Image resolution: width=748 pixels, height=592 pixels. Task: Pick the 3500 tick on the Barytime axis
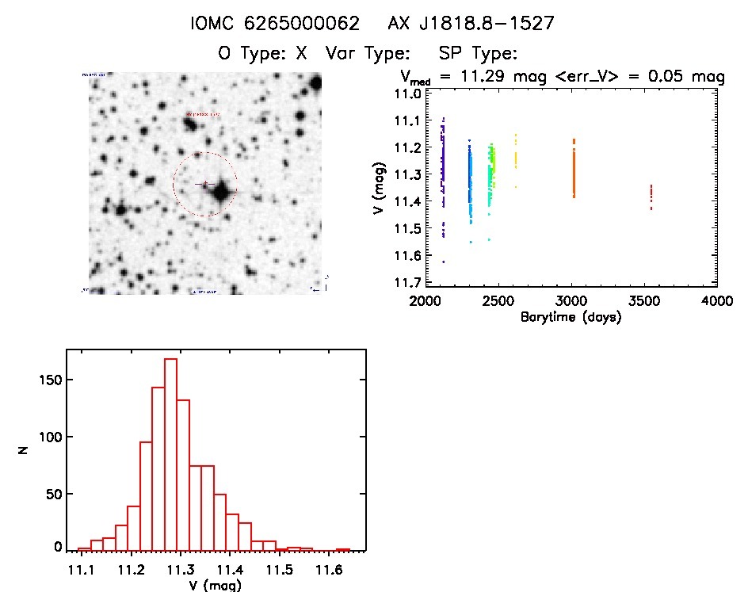(644, 302)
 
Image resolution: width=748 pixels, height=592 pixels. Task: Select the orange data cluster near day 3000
(573, 168)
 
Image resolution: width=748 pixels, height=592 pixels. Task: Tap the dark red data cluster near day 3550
(651, 197)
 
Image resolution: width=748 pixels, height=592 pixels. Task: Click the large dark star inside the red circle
(220, 191)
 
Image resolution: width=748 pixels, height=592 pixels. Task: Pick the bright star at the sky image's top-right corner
(316, 82)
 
